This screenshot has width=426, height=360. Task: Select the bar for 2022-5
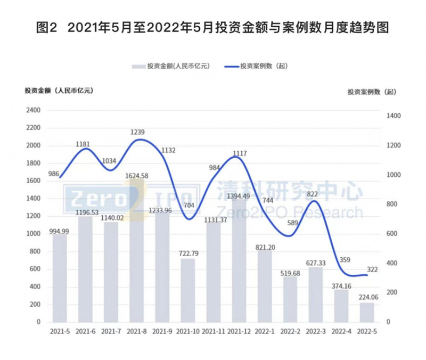367,312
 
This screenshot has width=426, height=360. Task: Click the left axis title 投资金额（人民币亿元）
59,91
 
